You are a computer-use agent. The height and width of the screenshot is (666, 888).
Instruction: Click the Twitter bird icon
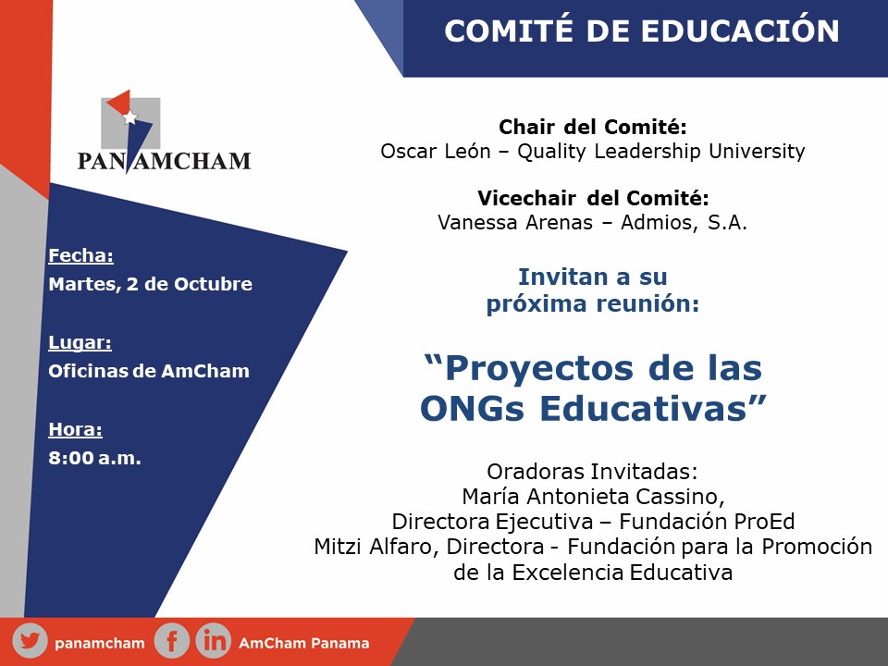[30, 641]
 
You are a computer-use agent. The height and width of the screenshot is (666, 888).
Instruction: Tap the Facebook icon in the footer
[172, 641]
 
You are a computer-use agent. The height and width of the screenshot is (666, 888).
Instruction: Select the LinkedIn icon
[214, 641]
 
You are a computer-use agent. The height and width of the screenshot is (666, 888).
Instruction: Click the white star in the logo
[130, 117]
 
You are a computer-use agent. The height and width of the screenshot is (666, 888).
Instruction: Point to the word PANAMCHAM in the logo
[165, 161]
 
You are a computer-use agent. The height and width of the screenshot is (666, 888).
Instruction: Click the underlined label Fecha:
[81, 255]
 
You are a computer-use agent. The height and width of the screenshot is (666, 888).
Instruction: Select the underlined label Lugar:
[80, 342]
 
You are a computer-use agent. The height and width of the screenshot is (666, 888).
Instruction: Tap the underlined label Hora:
[75, 429]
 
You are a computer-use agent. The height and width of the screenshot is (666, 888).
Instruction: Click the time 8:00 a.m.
[94, 458]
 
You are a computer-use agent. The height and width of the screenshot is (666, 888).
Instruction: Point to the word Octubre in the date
[213, 284]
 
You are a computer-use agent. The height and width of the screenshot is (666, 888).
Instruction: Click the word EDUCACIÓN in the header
[740, 31]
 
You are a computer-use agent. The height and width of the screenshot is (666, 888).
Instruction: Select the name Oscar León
[436, 151]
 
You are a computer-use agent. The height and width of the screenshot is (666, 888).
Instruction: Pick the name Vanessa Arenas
[515, 222]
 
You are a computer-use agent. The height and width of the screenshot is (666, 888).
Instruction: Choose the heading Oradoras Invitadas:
[592, 471]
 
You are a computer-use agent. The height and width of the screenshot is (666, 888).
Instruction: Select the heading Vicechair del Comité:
[593, 198]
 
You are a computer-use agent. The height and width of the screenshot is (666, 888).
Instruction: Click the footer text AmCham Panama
[304, 644]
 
